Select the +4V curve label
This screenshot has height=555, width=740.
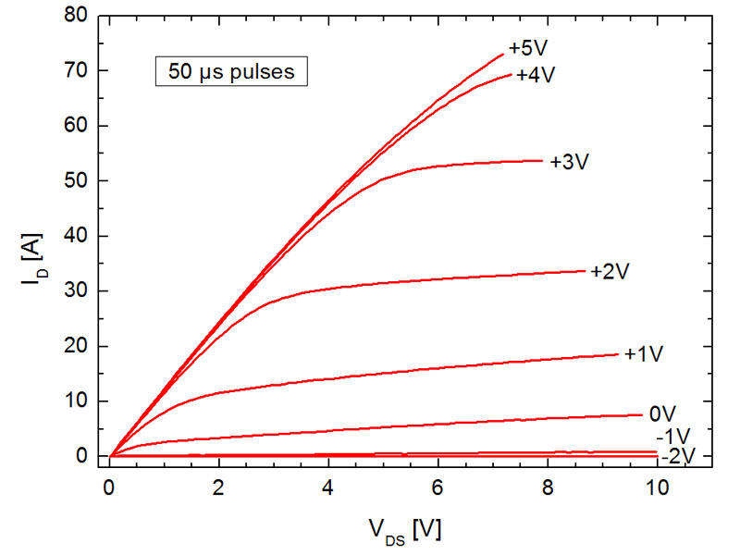pos(535,75)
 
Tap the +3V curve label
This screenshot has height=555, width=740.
pos(569,161)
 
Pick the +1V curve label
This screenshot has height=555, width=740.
pos(644,354)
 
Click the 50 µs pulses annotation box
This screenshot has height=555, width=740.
pos(230,71)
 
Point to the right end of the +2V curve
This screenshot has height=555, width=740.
pos(586,270)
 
